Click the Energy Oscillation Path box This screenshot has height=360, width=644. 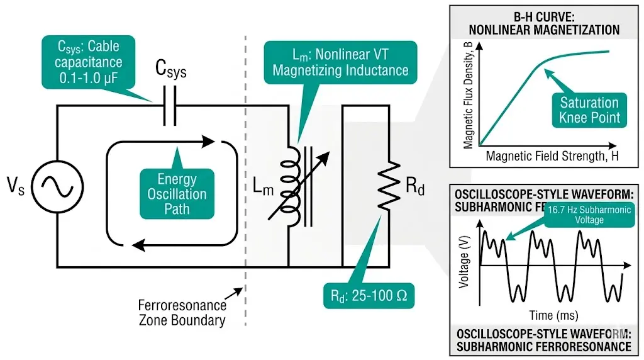click(177, 193)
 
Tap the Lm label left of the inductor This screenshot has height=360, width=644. click(264, 185)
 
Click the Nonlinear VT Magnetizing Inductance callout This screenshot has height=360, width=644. click(340, 62)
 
